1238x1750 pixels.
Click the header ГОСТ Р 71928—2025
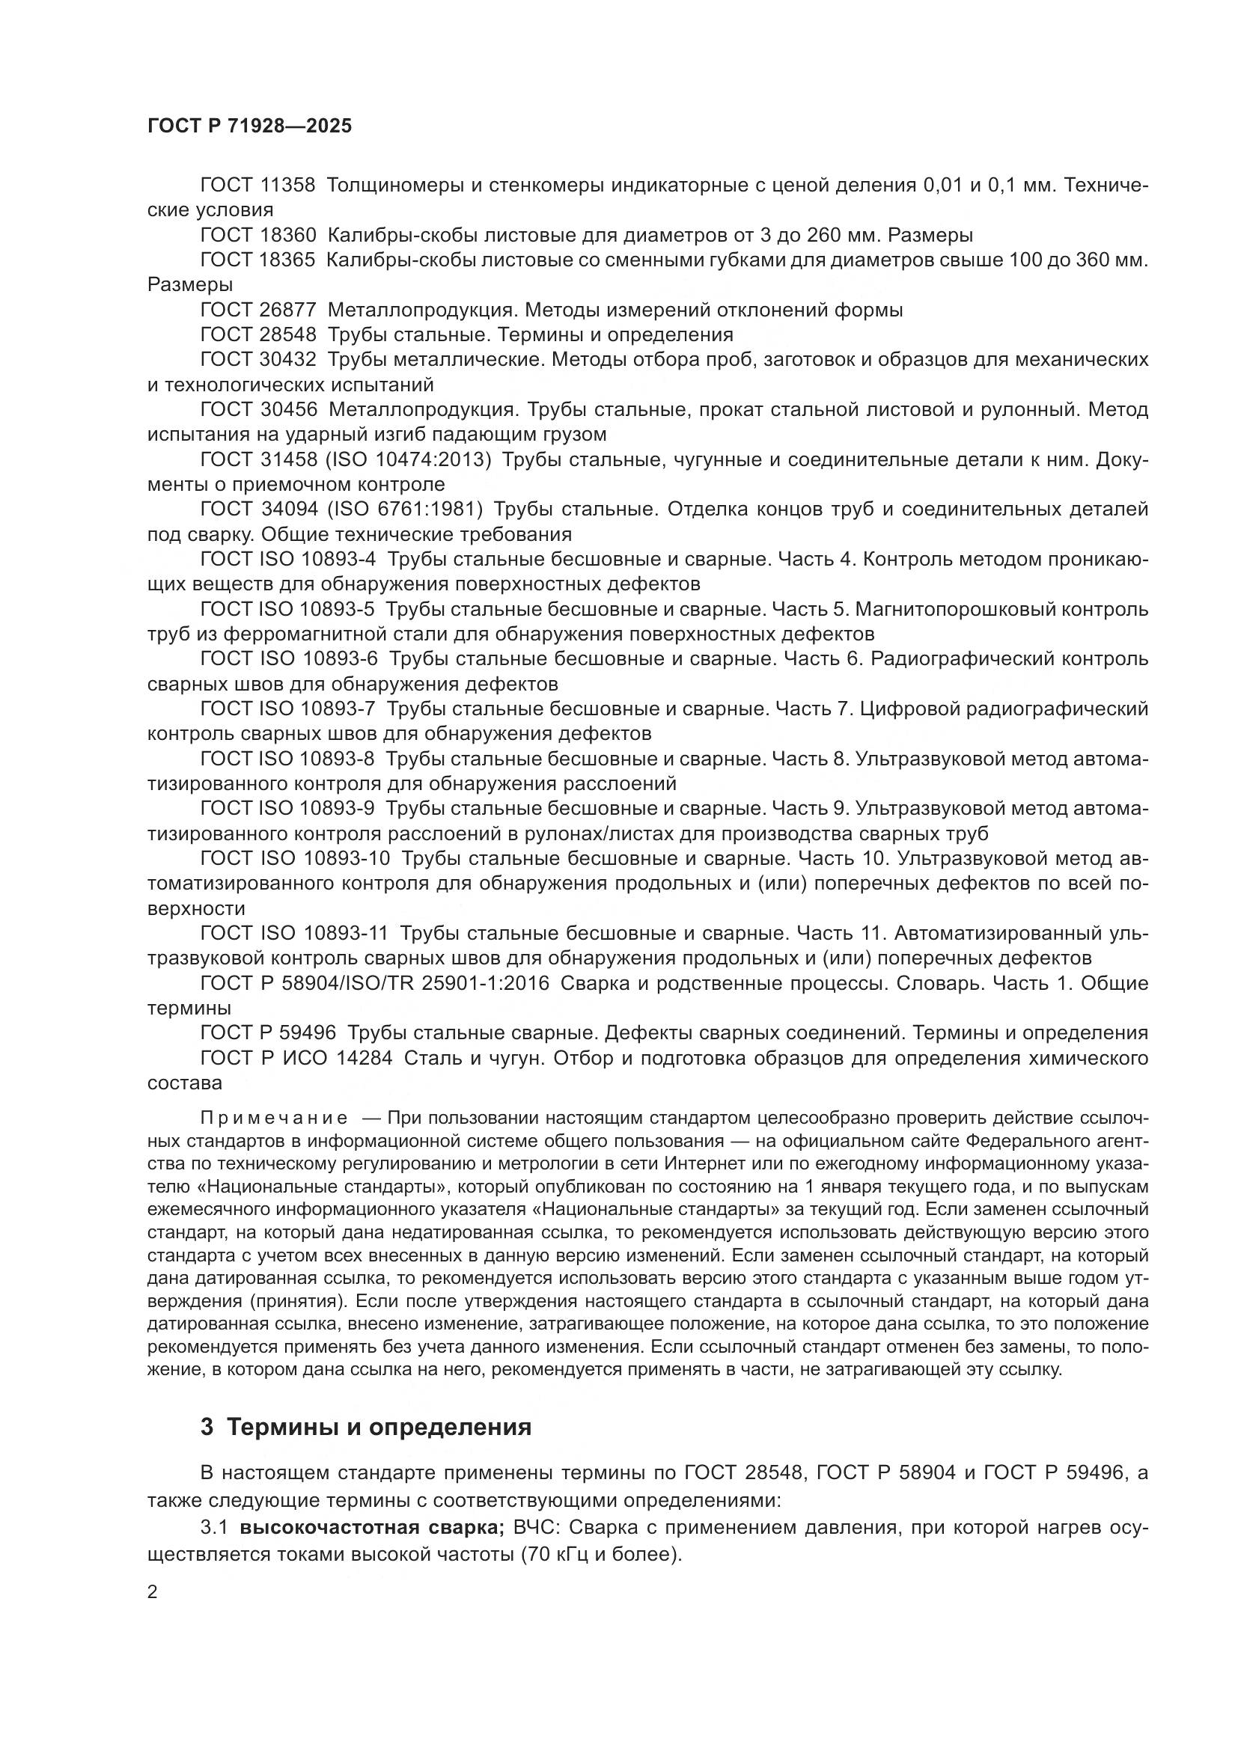tap(249, 126)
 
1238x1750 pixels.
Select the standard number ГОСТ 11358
tap(257, 186)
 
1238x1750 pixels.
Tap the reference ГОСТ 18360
tap(257, 235)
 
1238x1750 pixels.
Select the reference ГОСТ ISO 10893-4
tap(288, 560)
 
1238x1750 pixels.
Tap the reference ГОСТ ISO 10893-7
tap(288, 709)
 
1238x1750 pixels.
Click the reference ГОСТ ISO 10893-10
tap(295, 858)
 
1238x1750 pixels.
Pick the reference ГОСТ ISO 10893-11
tap(294, 933)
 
